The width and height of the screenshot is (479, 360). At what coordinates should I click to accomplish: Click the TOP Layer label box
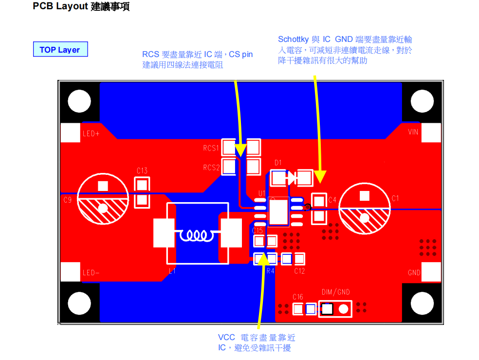(x=60, y=50)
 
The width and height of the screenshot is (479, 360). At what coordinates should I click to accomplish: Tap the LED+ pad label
(x=91, y=133)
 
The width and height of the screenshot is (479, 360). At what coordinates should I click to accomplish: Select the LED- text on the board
(x=91, y=273)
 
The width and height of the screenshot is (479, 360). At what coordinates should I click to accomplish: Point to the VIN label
(x=413, y=132)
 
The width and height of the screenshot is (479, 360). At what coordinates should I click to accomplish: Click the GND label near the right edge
(x=414, y=273)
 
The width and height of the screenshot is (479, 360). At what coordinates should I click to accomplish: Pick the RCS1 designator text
(x=211, y=148)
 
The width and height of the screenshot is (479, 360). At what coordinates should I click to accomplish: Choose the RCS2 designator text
(x=211, y=168)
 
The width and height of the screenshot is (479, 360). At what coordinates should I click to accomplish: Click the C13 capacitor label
(x=142, y=171)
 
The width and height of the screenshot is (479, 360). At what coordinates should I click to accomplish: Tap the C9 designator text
(x=68, y=200)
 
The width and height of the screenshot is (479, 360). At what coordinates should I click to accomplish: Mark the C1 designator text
(x=395, y=198)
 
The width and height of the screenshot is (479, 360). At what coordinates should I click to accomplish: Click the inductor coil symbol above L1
(x=197, y=236)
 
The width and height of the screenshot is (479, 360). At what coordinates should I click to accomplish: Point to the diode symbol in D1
(x=291, y=178)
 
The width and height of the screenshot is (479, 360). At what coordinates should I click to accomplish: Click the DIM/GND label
(x=335, y=292)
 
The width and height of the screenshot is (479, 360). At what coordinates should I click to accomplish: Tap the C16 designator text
(x=297, y=297)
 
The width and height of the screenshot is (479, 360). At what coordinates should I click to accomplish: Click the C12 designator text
(x=299, y=271)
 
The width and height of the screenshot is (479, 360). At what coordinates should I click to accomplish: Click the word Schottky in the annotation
(x=293, y=39)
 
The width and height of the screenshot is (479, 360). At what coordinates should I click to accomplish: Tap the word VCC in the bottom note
(x=226, y=338)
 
